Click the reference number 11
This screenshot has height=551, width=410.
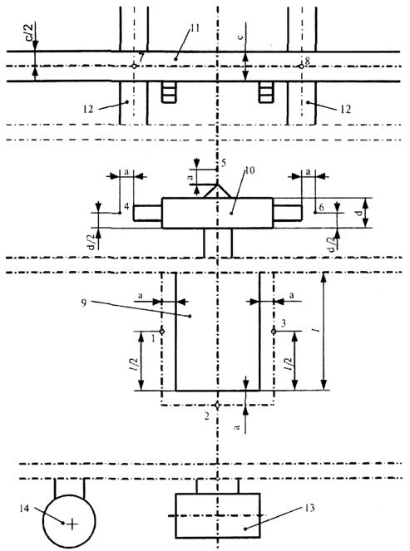pyautogui.click(x=195, y=28)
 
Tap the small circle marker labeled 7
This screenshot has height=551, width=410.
pyautogui.click(x=134, y=66)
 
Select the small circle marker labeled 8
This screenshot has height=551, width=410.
pyautogui.click(x=301, y=66)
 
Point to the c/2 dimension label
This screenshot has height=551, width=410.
pyautogui.click(x=30, y=31)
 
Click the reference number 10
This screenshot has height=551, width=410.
pyautogui.click(x=249, y=170)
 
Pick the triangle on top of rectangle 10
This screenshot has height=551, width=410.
pyautogui.click(x=217, y=191)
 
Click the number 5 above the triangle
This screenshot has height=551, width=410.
pyautogui.click(x=224, y=163)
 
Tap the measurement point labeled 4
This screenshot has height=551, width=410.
pyautogui.click(x=120, y=213)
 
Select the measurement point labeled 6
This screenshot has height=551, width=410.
pyautogui.click(x=314, y=213)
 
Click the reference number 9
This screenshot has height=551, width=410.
pyautogui.click(x=84, y=303)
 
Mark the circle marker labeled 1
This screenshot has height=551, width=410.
pyautogui.click(x=162, y=332)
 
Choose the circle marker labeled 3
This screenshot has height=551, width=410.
pyautogui.click(x=274, y=332)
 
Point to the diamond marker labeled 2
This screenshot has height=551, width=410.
pyautogui.click(x=218, y=405)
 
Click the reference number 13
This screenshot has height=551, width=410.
pyautogui.click(x=309, y=508)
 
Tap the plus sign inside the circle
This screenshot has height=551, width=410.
pyautogui.click(x=72, y=524)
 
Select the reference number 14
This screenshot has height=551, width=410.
pyautogui.click(x=24, y=509)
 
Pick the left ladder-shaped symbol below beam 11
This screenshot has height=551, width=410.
pyautogui.click(x=169, y=92)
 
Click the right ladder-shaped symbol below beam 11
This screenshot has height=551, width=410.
pyautogui.click(x=266, y=92)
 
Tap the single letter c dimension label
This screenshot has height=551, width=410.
pyautogui.click(x=240, y=37)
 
